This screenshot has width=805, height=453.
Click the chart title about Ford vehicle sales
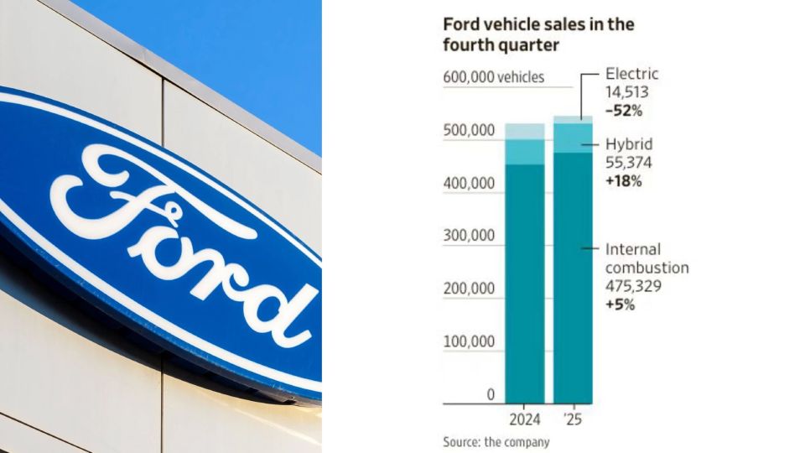tap(538, 35)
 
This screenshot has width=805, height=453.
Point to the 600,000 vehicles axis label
tap(493, 77)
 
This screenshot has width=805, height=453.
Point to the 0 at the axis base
tap(491, 394)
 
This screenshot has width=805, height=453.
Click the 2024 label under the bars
tap(525, 418)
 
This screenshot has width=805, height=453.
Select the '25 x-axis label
tap(574, 418)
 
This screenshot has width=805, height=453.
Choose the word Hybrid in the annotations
tap(628, 144)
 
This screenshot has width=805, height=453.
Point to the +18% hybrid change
tap(623, 180)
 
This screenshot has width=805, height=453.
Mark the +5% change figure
tap(620, 305)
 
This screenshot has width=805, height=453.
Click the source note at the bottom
tap(496, 441)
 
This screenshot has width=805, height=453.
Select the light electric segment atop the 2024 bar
tap(525, 131)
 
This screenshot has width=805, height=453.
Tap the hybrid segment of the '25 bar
tap(574, 138)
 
